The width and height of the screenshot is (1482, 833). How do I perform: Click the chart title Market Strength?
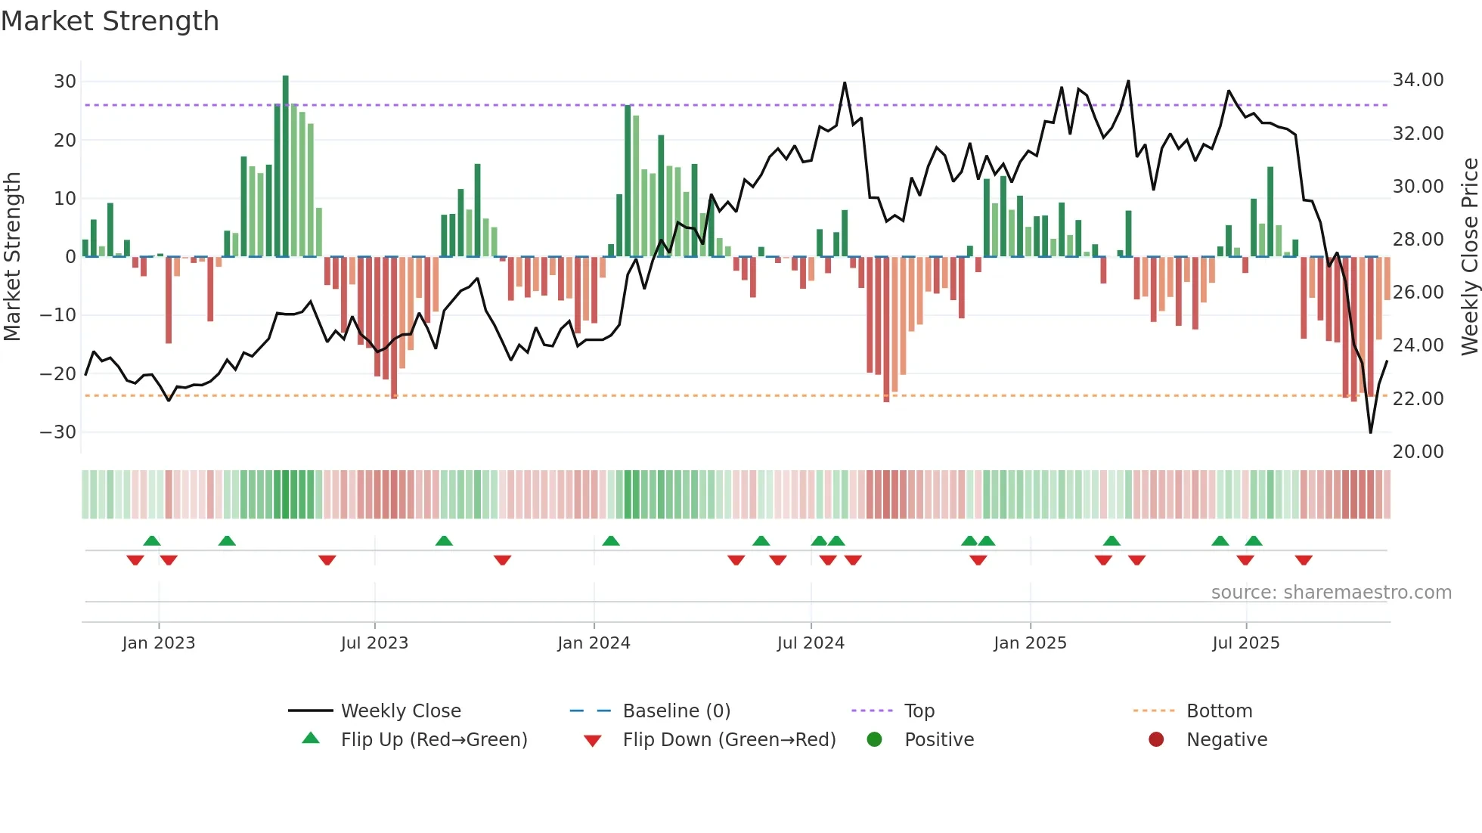tap(110, 21)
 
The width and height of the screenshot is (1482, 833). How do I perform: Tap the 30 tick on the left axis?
tap(65, 81)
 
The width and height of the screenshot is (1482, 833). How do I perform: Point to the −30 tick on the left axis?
tap(59, 432)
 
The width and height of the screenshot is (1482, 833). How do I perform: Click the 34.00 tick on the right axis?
tap(1418, 79)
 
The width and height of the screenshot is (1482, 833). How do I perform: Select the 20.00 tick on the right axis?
tap(1418, 451)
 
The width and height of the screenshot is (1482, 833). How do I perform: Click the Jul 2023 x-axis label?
tap(374, 643)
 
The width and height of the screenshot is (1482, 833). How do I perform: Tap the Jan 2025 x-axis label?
tap(1030, 643)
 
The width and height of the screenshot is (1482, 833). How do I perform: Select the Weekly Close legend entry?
tap(401, 711)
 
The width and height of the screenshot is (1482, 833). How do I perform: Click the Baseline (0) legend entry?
tap(676, 711)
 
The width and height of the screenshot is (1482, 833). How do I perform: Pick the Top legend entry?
tap(919, 711)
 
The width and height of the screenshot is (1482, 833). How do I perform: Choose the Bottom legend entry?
tap(1219, 711)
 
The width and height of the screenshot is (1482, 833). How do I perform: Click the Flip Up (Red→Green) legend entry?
tap(434, 739)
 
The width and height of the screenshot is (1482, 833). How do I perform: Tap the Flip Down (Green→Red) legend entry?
tap(729, 739)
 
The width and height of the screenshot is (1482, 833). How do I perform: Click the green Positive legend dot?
tap(875, 739)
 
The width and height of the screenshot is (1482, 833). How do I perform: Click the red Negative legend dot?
tap(1156, 739)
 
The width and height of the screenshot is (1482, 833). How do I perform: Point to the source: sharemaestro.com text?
tap(1331, 592)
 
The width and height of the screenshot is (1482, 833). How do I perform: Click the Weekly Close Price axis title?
tap(1469, 257)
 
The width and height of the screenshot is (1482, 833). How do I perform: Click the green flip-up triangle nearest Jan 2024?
tap(611, 540)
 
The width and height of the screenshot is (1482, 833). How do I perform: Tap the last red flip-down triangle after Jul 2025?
tap(1304, 560)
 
